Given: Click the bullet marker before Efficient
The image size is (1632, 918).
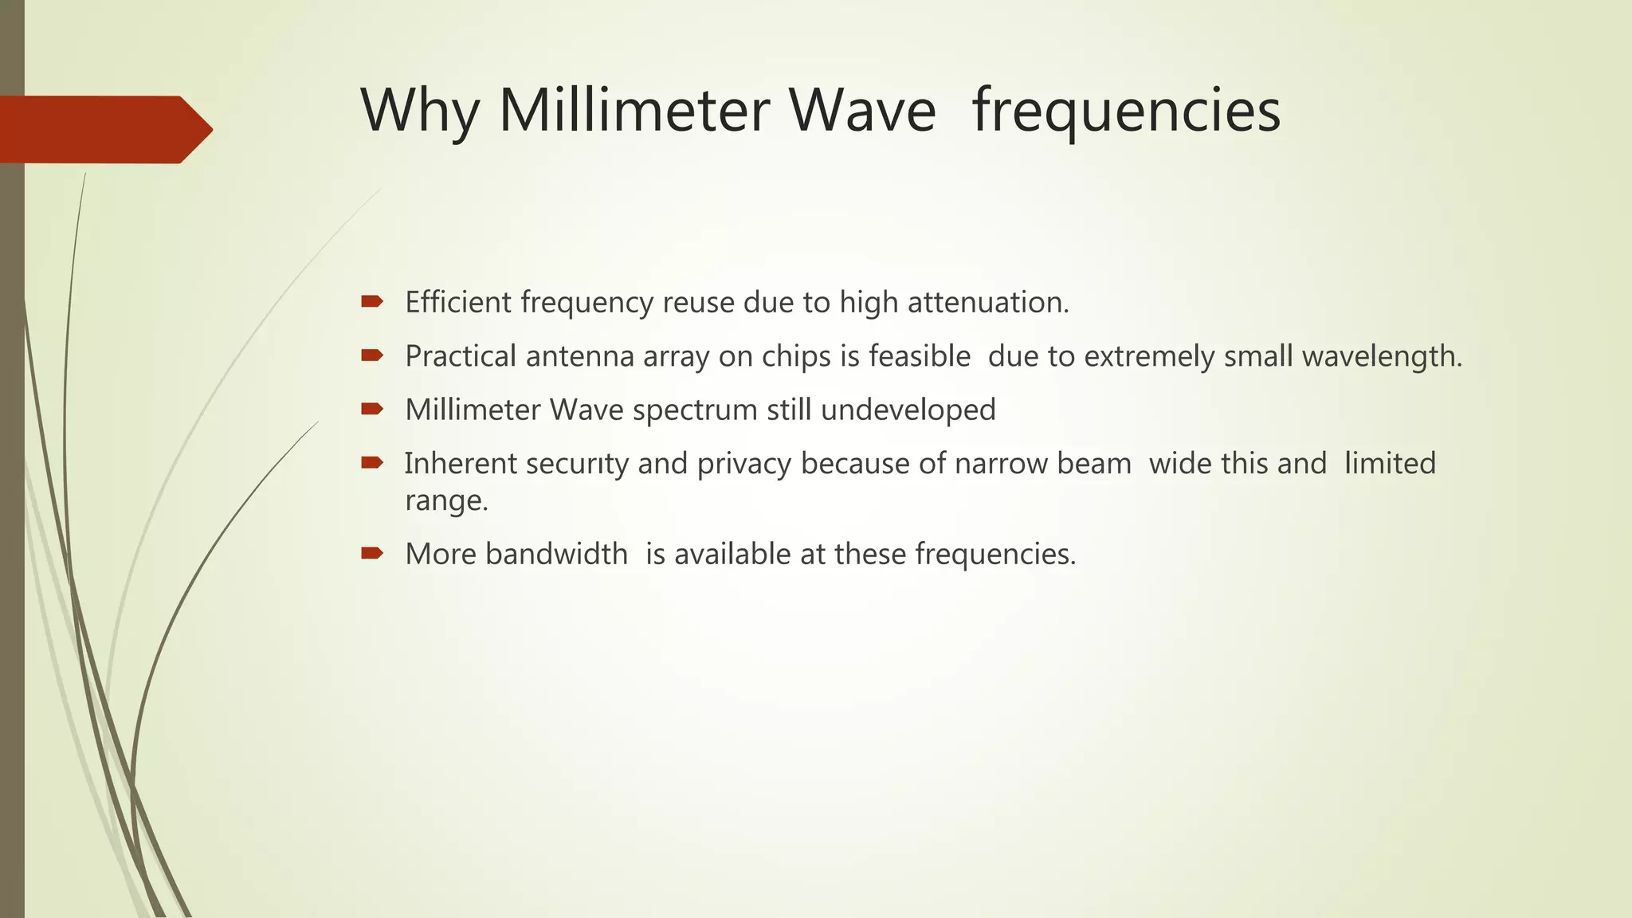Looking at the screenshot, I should tap(372, 301).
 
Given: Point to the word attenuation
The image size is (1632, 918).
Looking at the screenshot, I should tap(988, 303).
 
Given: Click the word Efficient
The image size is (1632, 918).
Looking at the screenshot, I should tap(458, 303).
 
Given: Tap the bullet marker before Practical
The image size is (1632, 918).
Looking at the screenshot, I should tap(372, 355).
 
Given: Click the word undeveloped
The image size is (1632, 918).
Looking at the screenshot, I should tap(908, 410).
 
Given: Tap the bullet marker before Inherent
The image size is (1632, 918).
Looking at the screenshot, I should tap(372, 462).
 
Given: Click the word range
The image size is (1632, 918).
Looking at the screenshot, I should tap(445, 501).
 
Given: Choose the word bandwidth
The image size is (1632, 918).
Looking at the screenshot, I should tap(556, 554).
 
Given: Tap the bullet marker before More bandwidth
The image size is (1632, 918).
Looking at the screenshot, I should tap(372, 553).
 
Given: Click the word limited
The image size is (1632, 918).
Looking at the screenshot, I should tap(1390, 464).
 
